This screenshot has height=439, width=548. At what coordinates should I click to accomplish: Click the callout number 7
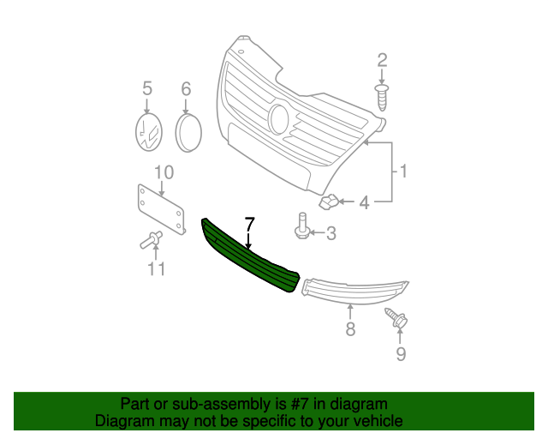249,225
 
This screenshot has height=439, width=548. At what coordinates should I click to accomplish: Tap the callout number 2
382,60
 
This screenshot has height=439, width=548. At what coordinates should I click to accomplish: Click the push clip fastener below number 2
382,97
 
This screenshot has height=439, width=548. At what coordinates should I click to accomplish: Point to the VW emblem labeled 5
149,132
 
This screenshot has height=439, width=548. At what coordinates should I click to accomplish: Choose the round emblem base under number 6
188,132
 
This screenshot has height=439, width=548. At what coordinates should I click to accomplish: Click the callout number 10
164,172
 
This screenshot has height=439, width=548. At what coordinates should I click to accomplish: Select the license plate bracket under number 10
161,210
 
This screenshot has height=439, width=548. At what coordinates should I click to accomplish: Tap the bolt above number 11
151,240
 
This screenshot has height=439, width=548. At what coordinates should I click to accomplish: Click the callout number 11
156,269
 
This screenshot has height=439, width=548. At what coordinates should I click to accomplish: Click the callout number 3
331,233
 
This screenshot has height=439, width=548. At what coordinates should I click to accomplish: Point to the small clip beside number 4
329,202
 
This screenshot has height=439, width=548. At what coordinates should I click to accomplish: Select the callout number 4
364,202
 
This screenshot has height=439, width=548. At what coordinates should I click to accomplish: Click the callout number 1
403,171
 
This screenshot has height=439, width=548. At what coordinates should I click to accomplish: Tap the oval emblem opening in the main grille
279,119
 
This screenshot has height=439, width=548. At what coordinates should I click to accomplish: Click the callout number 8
350,328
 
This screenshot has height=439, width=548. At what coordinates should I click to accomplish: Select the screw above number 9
396,318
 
